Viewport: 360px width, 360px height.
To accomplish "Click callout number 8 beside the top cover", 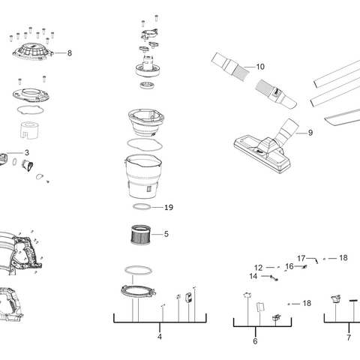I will [69, 53].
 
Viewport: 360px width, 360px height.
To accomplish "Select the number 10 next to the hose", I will [260, 67].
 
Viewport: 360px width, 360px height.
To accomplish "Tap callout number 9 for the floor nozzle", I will [309, 133].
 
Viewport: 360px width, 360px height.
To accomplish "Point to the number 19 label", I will [169, 208].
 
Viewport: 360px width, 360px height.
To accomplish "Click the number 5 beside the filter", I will [166, 234].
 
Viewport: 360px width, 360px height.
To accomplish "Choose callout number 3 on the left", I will [27, 152].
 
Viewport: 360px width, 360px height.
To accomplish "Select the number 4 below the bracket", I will [160, 337].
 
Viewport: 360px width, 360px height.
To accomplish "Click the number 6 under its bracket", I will [255, 341].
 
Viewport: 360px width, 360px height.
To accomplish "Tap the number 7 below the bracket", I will [348, 337].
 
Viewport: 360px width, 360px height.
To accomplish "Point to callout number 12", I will [258, 268].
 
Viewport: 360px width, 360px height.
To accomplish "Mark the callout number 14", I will [253, 277].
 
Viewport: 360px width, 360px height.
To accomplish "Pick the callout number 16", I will [289, 266].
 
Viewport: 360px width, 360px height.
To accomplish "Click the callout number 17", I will [301, 258].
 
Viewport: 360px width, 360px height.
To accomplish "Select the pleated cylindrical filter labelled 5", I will [139, 234].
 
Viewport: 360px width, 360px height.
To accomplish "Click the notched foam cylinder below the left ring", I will [31, 129].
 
